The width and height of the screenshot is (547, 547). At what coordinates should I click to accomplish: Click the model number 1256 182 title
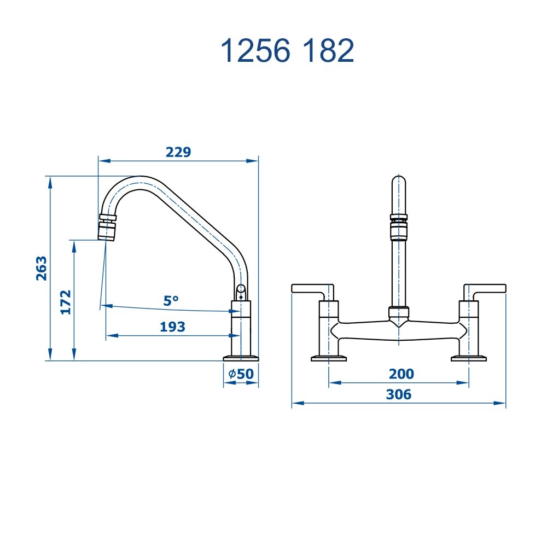(x=287, y=51)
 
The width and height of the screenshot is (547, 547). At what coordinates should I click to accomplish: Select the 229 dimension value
(x=178, y=152)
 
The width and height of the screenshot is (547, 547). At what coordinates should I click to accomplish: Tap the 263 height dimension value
(x=42, y=268)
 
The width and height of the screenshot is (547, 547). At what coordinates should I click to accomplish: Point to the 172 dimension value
(x=66, y=302)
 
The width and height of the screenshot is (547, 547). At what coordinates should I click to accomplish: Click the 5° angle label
(x=171, y=300)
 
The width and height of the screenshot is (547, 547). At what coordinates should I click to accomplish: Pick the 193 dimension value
(x=172, y=327)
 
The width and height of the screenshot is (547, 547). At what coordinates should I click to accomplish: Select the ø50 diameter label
(x=241, y=374)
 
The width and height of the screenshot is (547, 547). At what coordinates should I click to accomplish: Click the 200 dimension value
(x=401, y=374)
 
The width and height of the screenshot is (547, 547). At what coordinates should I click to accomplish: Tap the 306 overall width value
(x=398, y=394)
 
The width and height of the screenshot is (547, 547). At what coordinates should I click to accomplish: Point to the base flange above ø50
(x=241, y=358)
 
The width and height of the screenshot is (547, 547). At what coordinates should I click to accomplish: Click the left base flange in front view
(x=329, y=359)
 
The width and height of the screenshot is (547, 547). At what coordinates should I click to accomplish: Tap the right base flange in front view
(x=469, y=359)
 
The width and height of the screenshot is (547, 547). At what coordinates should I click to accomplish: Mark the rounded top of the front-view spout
(x=399, y=182)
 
